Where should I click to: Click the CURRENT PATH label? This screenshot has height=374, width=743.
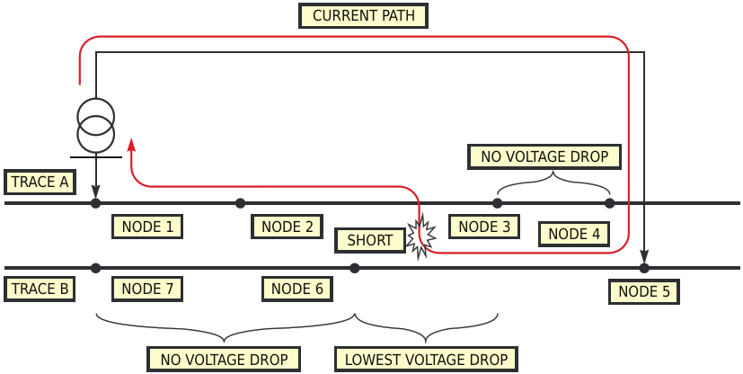coord(363,16)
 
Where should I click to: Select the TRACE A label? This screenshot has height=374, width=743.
coord(40,183)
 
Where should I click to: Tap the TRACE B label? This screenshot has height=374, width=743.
coord(40,289)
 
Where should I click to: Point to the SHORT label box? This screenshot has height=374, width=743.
coord(369,240)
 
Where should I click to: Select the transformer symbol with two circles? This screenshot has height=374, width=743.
coord(95,125)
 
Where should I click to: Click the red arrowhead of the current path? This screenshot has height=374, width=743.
coord(131,145)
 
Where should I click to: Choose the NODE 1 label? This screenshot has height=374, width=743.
coord(147,227)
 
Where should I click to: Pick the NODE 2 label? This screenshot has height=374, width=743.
coord(287,227)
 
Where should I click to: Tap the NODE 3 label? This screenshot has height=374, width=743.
coord(484,227)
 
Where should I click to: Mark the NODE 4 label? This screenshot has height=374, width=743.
coord(574,234)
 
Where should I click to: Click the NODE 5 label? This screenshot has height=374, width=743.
coord(643,291)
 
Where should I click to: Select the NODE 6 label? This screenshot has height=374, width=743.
coord(296,289)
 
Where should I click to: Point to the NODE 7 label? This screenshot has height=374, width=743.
coord(147,289)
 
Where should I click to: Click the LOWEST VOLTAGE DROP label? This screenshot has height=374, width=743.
coord(427,360)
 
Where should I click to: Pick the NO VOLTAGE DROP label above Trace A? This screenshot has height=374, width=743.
coord(544,156)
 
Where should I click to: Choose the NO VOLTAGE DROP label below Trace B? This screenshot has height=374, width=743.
coord(223,360)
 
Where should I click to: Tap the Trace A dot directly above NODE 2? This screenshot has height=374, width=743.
coord(240,203)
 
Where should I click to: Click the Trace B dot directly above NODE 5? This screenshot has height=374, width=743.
coord(644,268)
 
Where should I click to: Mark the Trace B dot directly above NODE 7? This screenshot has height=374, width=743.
coord(96,268)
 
